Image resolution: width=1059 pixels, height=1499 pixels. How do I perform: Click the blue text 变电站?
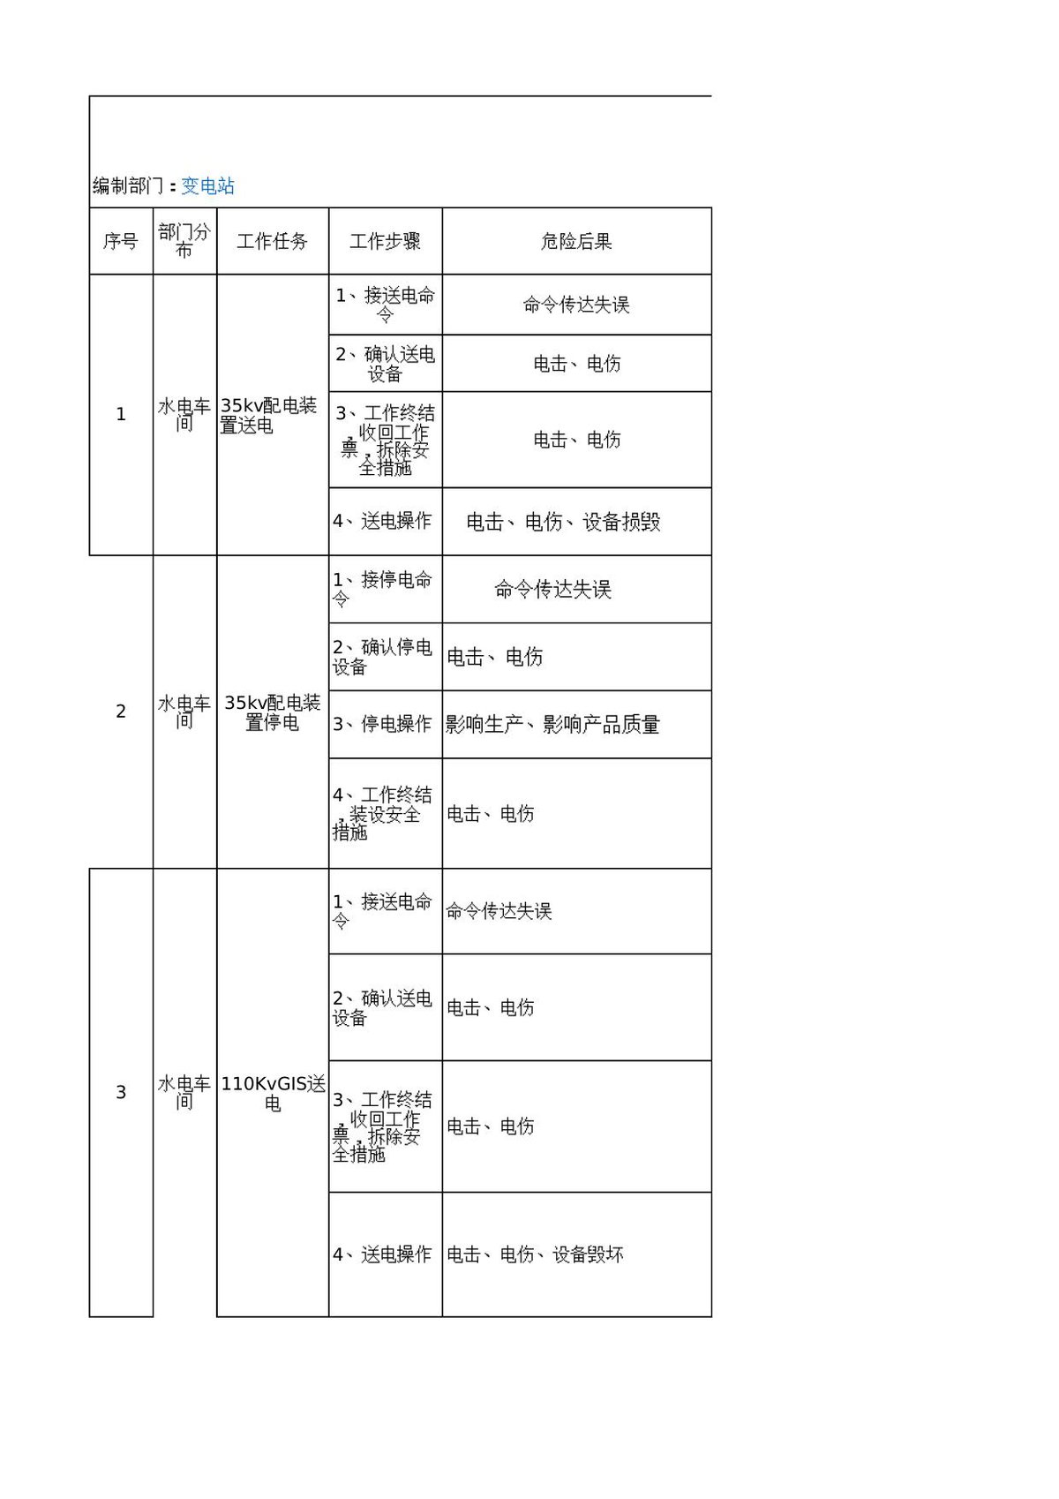[x=207, y=186]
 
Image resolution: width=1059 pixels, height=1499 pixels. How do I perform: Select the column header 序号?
[x=120, y=241]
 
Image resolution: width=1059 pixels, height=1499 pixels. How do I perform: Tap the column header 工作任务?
[x=273, y=241]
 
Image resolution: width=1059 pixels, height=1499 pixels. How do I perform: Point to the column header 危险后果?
[x=576, y=241]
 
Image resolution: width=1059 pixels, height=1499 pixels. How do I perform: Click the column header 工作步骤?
[x=385, y=241]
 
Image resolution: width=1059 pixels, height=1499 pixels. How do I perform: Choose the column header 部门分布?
[x=184, y=241]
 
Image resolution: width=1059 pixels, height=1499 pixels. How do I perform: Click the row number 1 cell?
[x=120, y=414]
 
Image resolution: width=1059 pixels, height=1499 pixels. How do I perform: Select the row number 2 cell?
[x=120, y=712]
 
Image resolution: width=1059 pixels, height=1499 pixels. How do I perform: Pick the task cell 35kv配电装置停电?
[x=273, y=712]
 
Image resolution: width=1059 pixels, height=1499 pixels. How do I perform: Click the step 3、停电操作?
[x=382, y=724]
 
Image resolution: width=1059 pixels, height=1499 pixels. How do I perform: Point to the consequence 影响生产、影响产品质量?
[x=552, y=724]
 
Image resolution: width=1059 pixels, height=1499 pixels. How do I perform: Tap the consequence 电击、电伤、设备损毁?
[x=563, y=522]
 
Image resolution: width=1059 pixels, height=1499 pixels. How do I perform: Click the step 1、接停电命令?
[x=382, y=589]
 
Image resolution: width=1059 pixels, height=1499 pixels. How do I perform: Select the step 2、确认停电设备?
[x=382, y=657]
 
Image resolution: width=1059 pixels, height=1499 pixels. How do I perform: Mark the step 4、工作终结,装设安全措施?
[x=382, y=813]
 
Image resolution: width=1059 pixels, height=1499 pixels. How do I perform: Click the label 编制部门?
[x=128, y=186]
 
